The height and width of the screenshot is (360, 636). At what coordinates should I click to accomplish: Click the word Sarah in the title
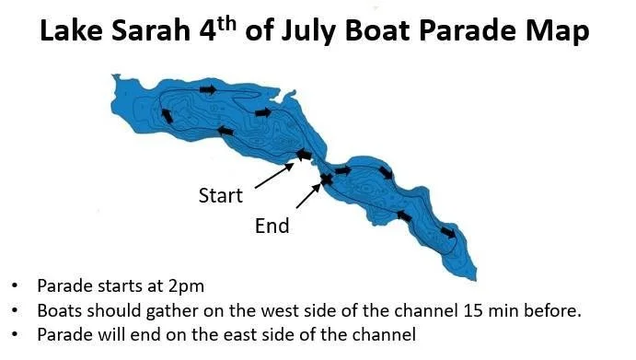150,31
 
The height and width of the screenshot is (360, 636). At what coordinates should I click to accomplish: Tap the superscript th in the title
225,24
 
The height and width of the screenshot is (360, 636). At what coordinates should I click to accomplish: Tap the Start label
220,195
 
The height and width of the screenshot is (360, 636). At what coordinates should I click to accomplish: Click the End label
272,226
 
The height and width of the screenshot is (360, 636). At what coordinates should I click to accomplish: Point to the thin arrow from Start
274,176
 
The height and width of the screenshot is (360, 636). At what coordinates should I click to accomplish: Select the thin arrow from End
308,196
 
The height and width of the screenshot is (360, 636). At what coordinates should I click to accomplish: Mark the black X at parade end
326,179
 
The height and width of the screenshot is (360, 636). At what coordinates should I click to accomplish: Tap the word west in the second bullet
278,311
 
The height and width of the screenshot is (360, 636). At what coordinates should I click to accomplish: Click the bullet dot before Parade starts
15,285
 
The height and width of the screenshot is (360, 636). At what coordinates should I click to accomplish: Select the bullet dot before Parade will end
15,334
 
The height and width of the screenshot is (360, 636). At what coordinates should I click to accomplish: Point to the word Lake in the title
72,31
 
